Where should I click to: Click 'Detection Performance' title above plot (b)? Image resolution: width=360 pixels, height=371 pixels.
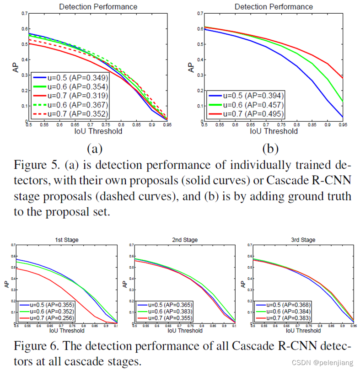(274, 6)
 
